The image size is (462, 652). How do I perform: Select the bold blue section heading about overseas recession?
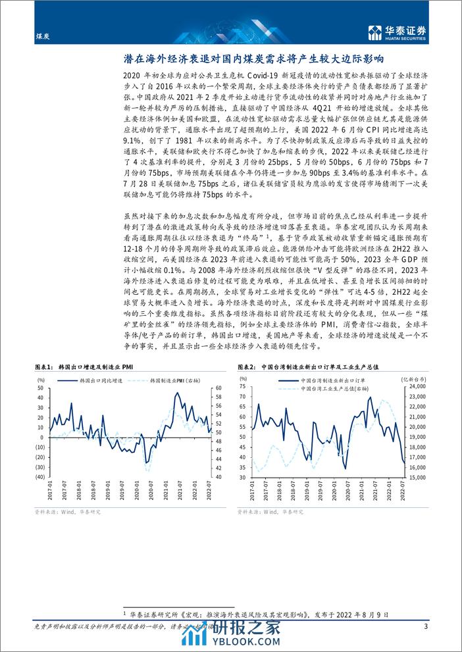[230, 58]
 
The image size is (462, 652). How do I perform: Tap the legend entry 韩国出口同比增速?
[82, 381]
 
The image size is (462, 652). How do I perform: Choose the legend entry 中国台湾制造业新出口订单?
[303, 381]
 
